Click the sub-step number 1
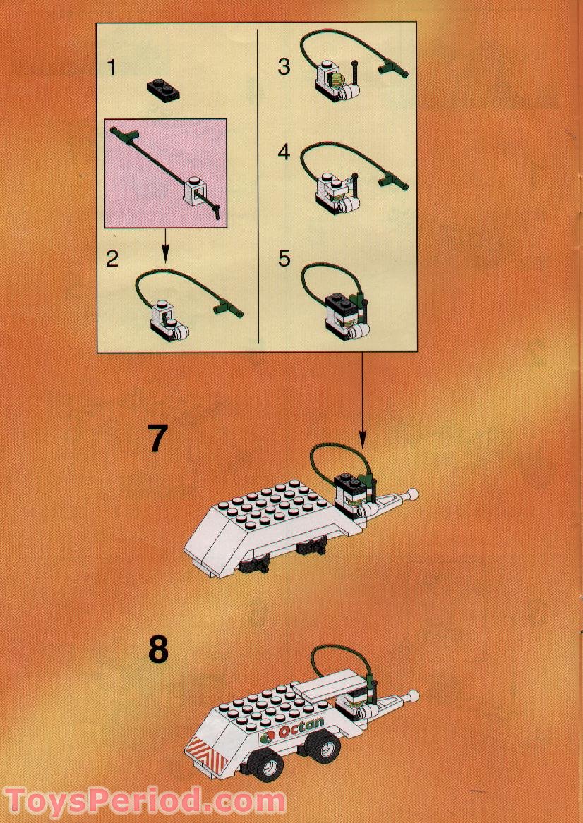(x=112, y=68)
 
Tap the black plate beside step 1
(x=162, y=88)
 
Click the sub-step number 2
(x=112, y=259)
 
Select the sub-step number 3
(x=284, y=66)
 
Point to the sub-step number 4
(x=284, y=152)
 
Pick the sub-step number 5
(x=284, y=258)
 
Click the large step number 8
(x=159, y=650)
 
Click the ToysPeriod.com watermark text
(x=145, y=802)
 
